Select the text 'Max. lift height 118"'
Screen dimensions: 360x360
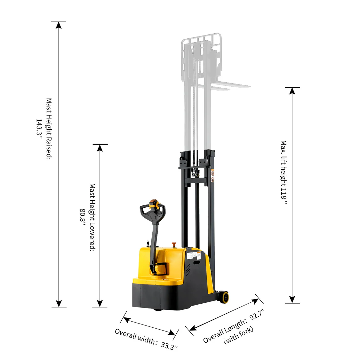[284, 172]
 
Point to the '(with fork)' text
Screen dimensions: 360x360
[238, 335]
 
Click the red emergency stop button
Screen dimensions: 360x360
[174, 244]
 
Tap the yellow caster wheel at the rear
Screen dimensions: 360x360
[223, 297]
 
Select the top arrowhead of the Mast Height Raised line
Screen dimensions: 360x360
[59, 25]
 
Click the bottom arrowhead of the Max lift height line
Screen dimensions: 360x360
[292, 300]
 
